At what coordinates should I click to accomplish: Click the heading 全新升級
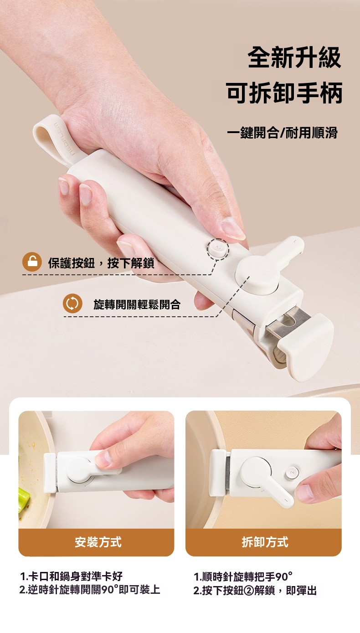click(294, 57)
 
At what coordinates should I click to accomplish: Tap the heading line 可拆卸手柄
click(284, 93)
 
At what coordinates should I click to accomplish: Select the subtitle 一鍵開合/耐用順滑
click(282, 133)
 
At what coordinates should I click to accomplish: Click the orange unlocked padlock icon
click(32, 262)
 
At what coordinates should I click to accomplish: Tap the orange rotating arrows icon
click(72, 304)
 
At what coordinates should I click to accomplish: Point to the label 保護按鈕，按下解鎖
click(101, 263)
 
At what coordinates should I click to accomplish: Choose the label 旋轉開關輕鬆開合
click(137, 304)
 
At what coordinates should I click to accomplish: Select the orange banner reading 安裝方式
click(96, 542)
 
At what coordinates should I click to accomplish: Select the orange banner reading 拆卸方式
click(263, 542)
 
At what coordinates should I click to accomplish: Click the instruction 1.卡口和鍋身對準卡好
click(71, 576)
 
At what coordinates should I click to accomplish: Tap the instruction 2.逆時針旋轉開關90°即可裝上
click(90, 590)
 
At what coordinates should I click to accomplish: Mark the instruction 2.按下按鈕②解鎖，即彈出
click(255, 590)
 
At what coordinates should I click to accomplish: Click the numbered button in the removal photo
click(292, 473)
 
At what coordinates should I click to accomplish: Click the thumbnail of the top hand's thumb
click(232, 229)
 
